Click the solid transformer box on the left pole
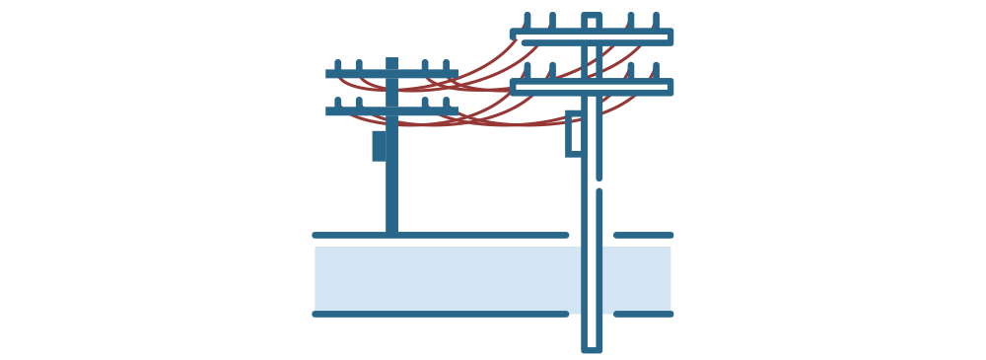380,145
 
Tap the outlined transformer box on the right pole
573,134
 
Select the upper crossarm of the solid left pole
391,74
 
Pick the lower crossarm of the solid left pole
391,111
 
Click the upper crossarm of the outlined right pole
592,36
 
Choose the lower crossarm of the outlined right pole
592,87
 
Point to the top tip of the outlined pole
592,15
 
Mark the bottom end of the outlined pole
592,347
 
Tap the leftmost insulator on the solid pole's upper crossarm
338,65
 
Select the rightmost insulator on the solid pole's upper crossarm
445,65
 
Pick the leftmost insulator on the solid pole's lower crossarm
338,103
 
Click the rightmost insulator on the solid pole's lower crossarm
445,103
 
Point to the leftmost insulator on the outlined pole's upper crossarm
528,21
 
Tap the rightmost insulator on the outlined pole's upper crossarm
656,21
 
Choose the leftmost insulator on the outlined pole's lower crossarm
528,71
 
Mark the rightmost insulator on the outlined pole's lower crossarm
656,71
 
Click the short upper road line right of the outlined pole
643,236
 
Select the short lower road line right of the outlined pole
643,315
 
